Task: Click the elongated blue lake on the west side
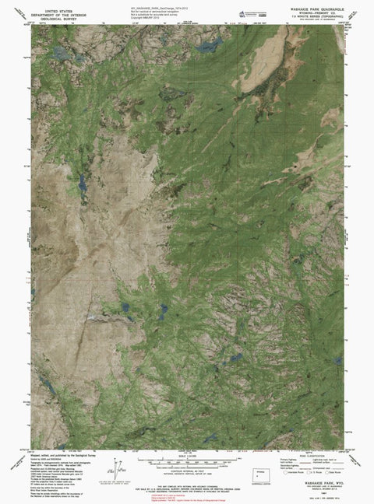pyautogui.click(x=79, y=184)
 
